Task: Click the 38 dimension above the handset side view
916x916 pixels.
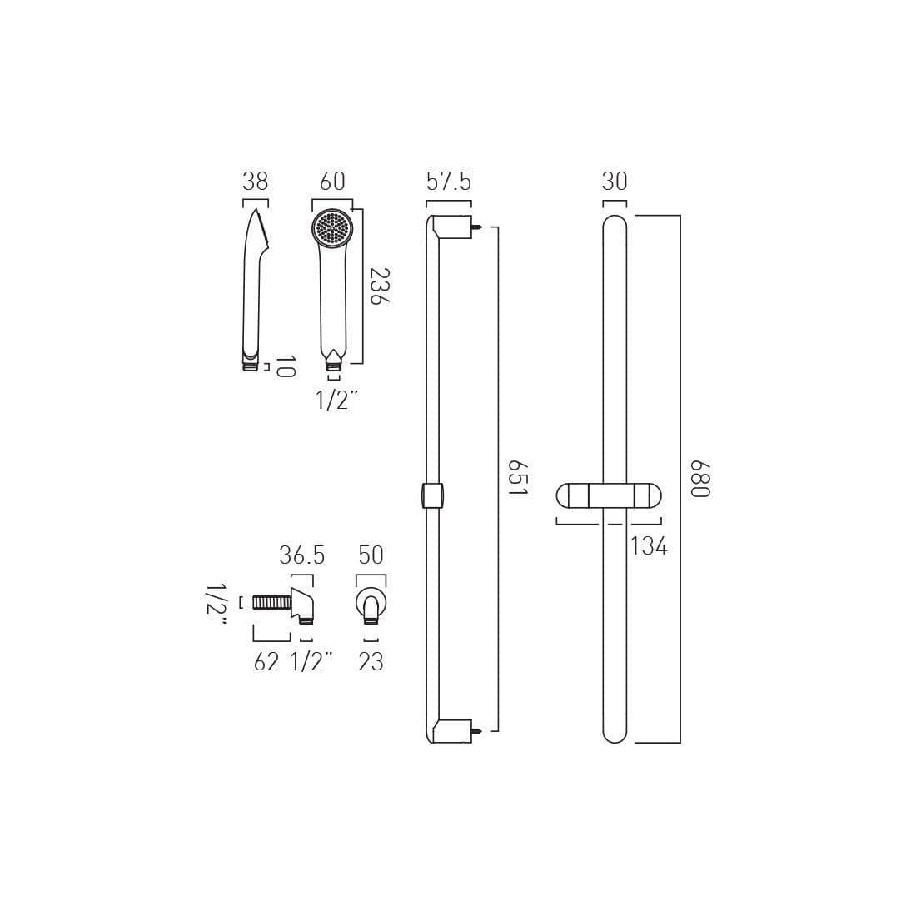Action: (x=255, y=182)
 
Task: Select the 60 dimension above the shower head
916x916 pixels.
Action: (x=332, y=182)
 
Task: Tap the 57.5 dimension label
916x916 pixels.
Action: (x=449, y=182)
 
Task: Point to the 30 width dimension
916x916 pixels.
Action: (x=615, y=182)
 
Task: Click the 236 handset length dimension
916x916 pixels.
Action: (x=379, y=286)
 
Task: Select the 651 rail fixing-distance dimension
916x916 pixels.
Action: (x=517, y=479)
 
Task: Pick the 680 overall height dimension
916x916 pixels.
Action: (x=699, y=479)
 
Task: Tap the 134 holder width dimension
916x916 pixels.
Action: (x=649, y=546)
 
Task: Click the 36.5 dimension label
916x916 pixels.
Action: (x=301, y=555)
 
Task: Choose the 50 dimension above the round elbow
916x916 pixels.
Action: (x=371, y=555)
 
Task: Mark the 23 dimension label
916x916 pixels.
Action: (x=371, y=662)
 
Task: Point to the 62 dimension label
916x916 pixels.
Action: (x=266, y=662)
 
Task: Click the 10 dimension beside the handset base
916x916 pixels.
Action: (x=285, y=366)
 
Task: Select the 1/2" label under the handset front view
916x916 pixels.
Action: (x=336, y=401)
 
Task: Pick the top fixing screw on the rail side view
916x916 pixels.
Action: (x=478, y=226)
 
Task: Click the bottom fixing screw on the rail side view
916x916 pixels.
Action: (x=478, y=731)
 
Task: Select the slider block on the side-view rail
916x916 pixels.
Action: (x=433, y=495)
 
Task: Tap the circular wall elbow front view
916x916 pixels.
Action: (x=371, y=604)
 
